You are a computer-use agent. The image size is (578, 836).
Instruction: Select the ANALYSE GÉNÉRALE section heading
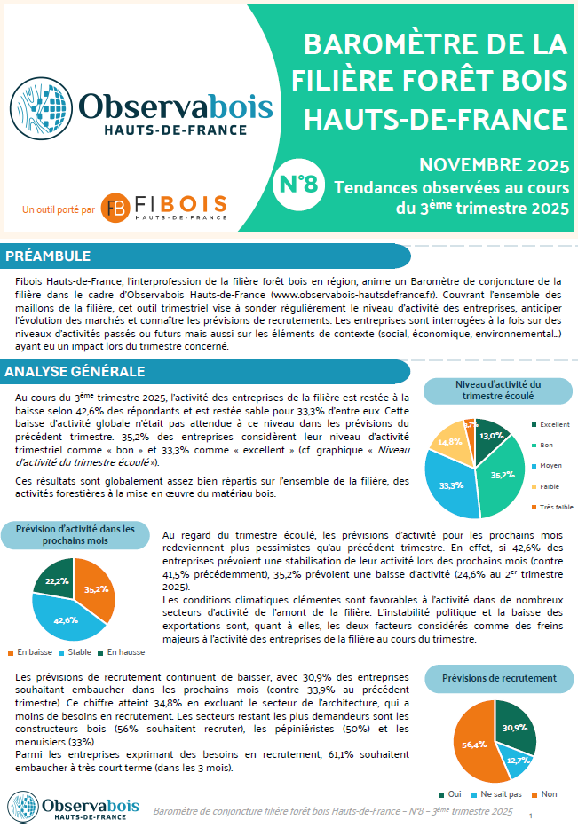click(x=75, y=370)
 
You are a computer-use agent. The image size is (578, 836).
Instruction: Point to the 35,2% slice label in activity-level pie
click(x=502, y=475)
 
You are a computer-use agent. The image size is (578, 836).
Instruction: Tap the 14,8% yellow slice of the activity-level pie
click(x=450, y=441)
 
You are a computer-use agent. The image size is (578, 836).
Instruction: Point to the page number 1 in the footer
click(x=530, y=815)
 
